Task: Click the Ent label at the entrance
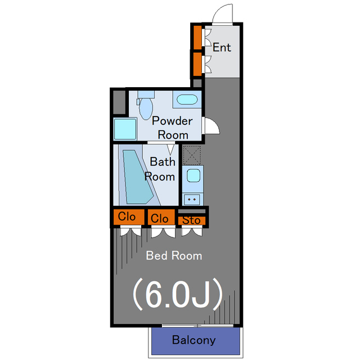click(x=222, y=48)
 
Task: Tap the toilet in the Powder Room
click(x=146, y=105)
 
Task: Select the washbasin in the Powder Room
click(x=187, y=100)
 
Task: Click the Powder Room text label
click(x=173, y=128)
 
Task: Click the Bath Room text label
click(x=161, y=169)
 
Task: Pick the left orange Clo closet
click(x=127, y=217)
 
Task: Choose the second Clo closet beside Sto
click(x=160, y=218)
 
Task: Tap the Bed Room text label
click(x=174, y=256)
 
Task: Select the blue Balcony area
click(x=194, y=340)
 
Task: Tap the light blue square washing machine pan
click(x=125, y=129)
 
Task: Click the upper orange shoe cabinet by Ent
click(x=197, y=37)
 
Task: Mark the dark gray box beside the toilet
click(x=119, y=103)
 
